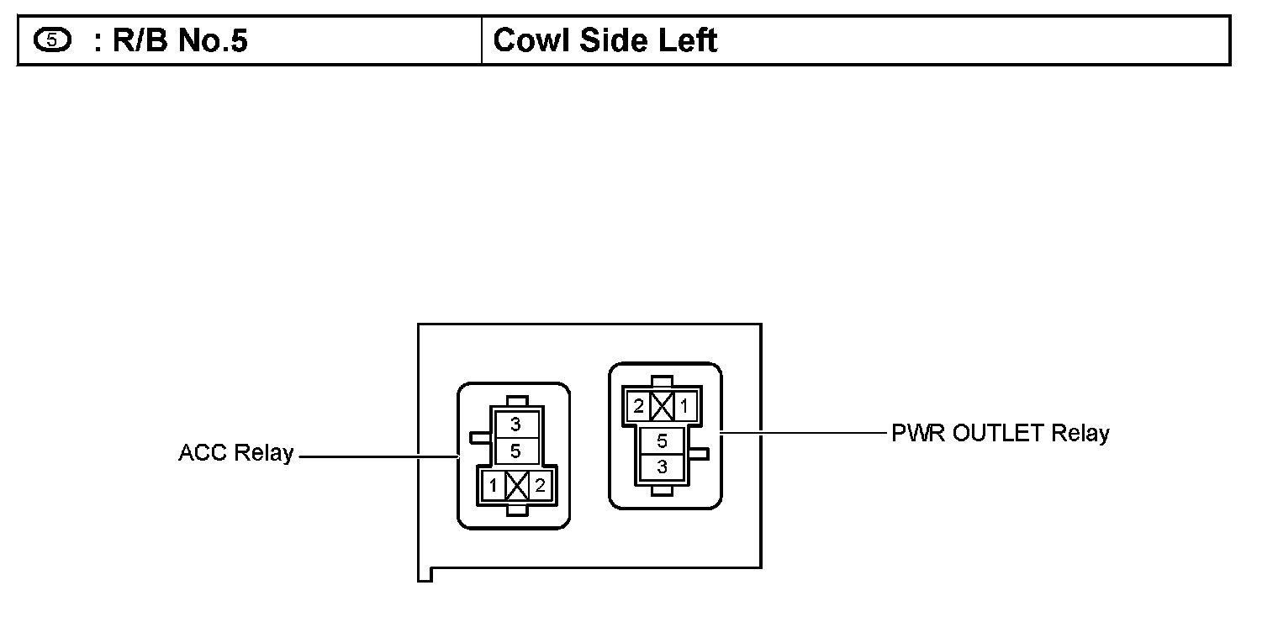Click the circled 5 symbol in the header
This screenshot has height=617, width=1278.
point(52,40)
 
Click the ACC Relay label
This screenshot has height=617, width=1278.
point(235,453)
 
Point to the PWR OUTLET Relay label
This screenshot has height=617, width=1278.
point(1001,434)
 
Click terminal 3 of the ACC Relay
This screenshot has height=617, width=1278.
point(515,425)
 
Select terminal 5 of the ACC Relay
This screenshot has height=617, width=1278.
point(515,451)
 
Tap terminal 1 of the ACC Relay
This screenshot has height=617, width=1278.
point(494,485)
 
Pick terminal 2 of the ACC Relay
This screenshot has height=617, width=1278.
point(540,485)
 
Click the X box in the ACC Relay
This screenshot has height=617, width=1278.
point(517,485)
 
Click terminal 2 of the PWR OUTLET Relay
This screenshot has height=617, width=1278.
point(638,407)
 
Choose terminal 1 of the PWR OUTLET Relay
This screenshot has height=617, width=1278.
point(684,407)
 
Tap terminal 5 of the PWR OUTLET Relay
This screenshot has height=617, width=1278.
point(662,440)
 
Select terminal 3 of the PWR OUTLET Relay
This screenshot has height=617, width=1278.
point(662,467)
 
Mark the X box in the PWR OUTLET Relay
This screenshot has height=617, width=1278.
point(662,407)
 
